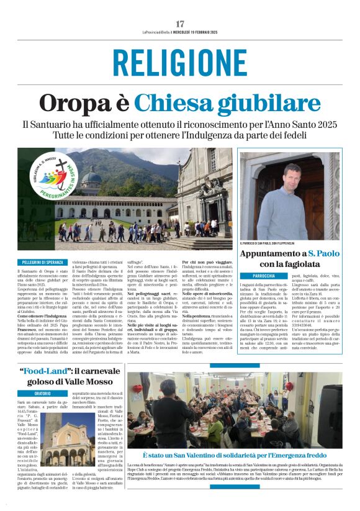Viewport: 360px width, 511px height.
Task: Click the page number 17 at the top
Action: click(180, 23)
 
